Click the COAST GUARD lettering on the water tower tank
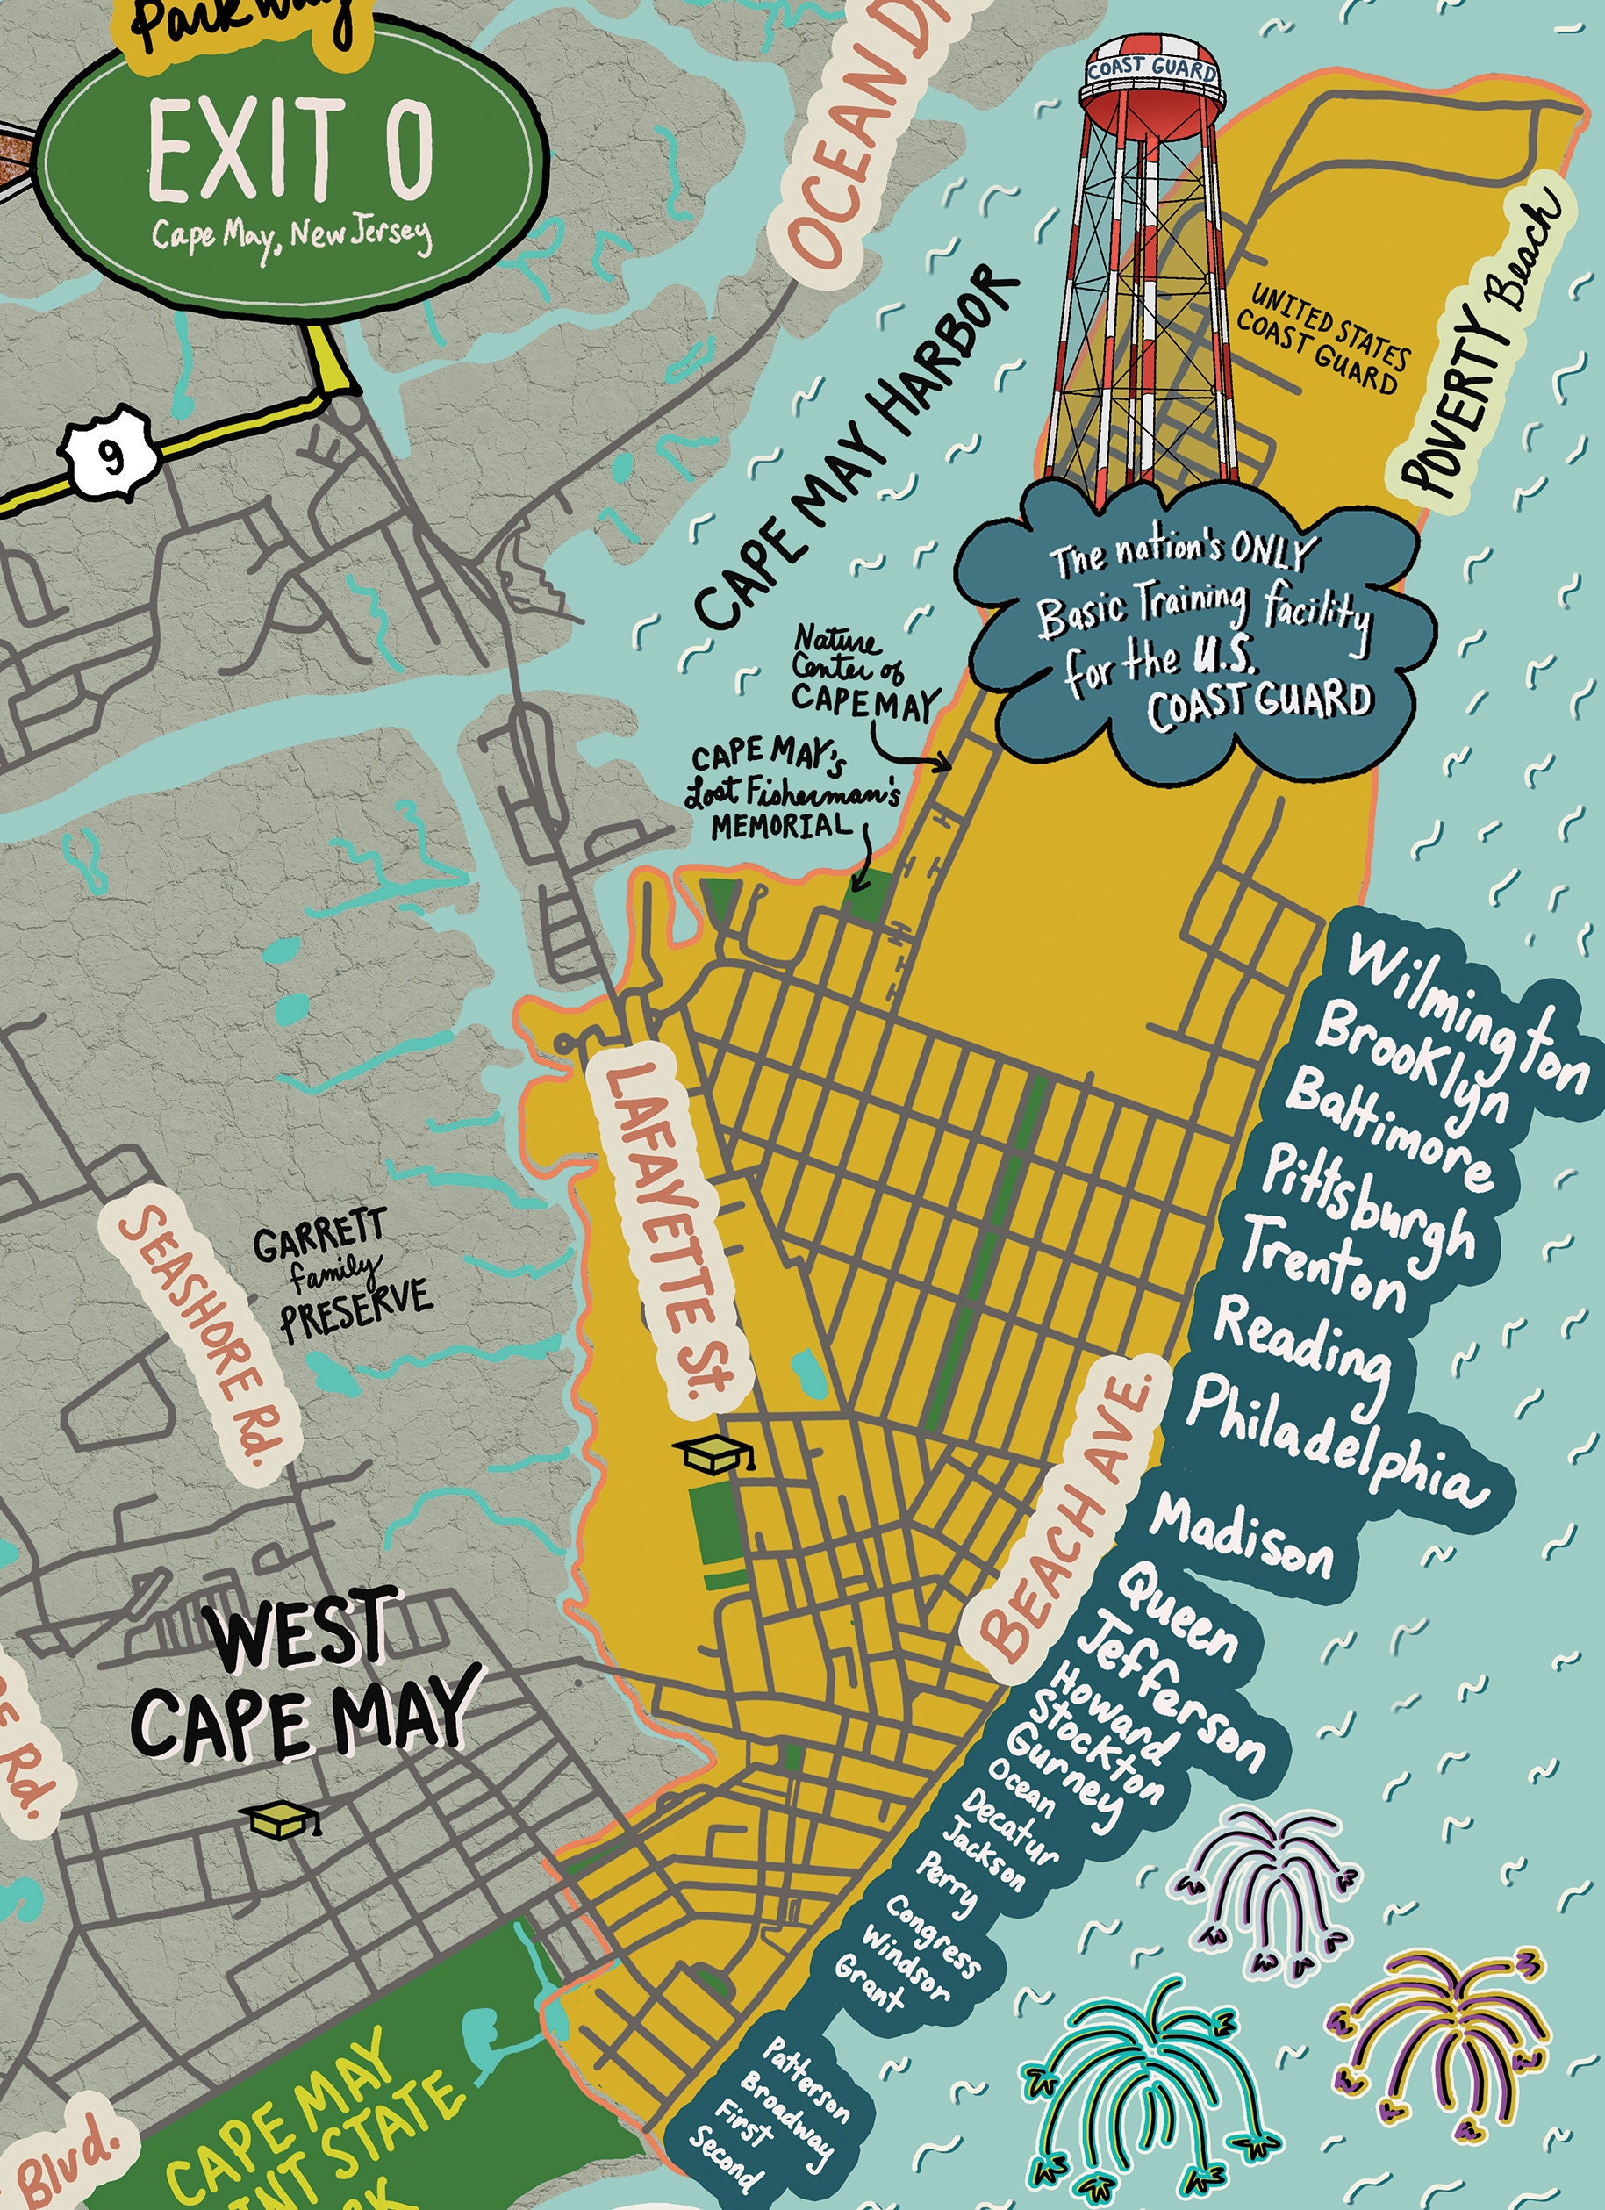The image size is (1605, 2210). pyautogui.click(x=1152, y=69)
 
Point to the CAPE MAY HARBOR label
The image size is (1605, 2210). pyautogui.click(x=857, y=449)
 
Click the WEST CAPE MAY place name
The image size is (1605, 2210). pyautogui.click(x=297, y=1677)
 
